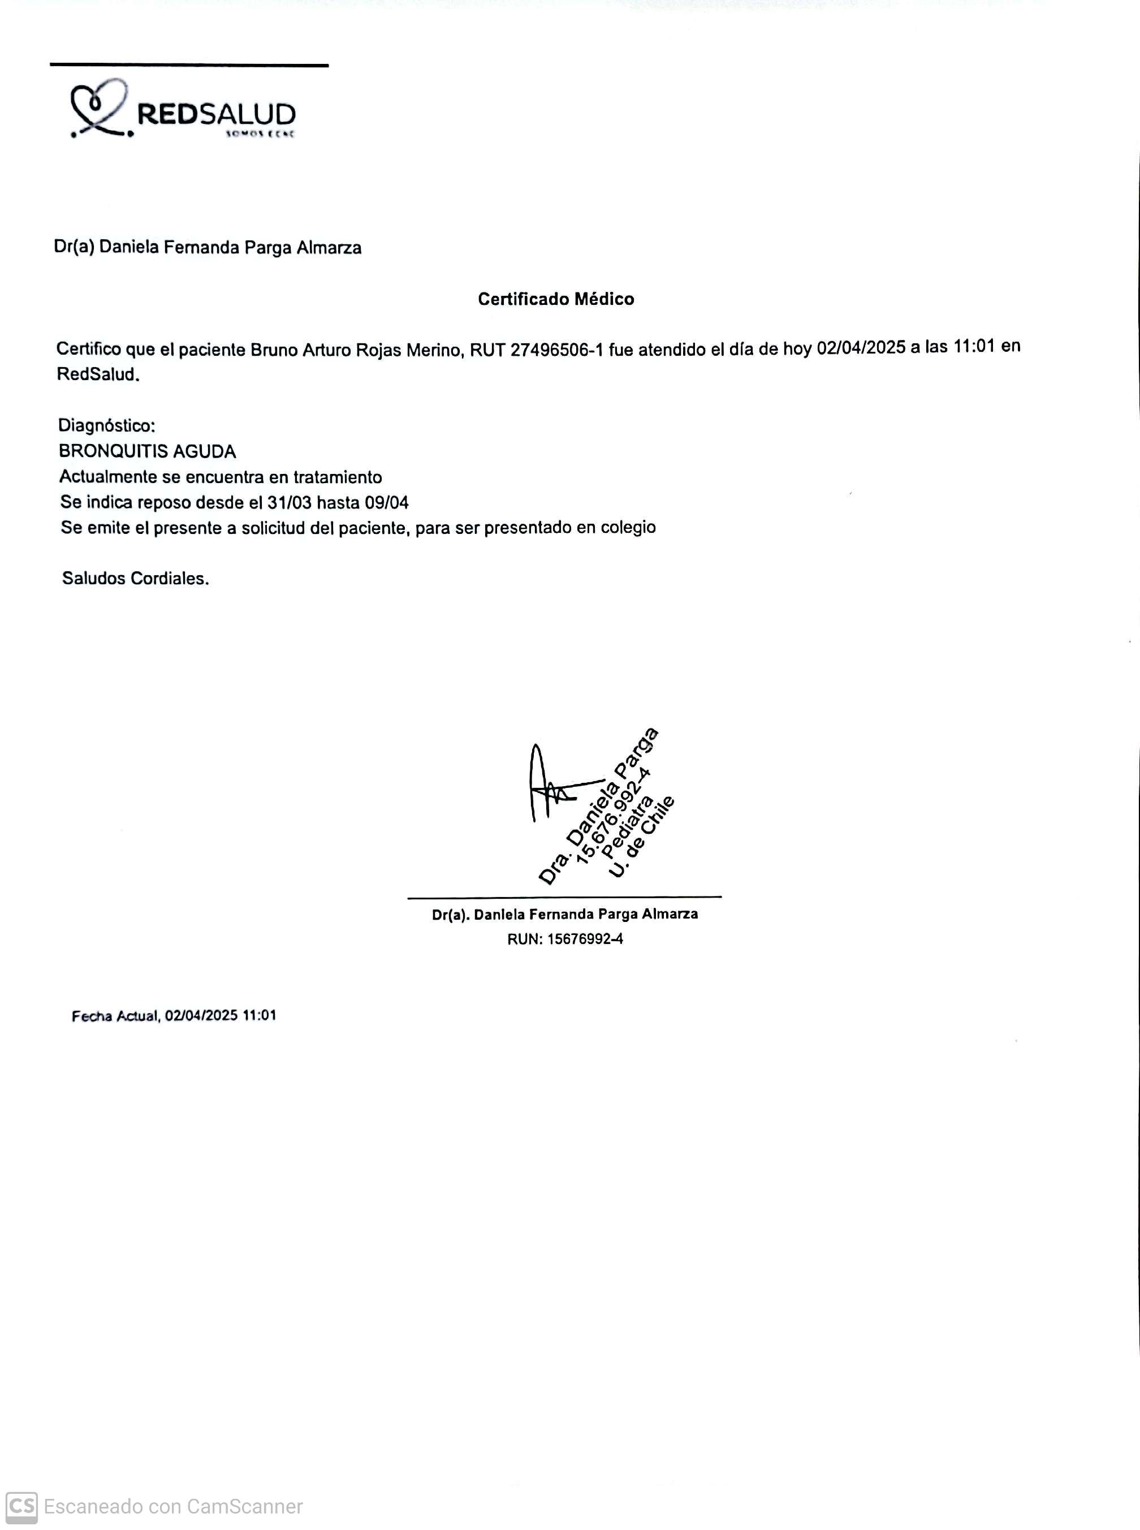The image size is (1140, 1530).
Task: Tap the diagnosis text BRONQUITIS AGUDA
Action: [x=147, y=451]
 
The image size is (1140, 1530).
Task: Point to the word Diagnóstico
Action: [x=106, y=425]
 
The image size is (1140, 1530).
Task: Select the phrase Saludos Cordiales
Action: [x=135, y=578]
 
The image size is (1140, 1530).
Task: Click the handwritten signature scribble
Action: [x=552, y=787]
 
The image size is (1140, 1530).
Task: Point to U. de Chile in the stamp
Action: [x=642, y=838]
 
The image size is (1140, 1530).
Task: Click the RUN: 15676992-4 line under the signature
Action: [x=564, y=938]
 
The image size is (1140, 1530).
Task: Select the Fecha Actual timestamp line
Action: [x=174, y=1015]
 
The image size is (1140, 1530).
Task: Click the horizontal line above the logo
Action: [x=189, y=66]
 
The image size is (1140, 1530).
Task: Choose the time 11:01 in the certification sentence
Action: [x=974, y=347]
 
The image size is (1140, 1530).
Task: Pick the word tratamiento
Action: [x=338, y=477]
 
